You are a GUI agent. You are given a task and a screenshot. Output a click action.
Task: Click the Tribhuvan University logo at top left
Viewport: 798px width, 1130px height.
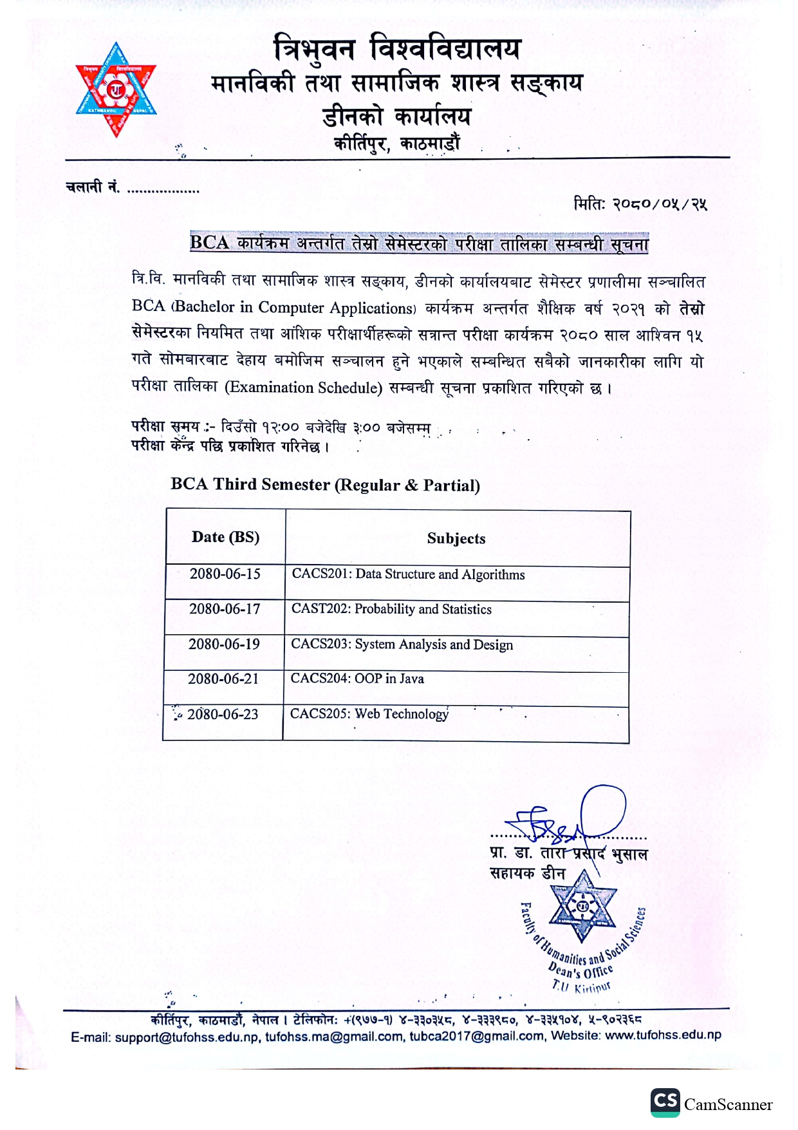116,89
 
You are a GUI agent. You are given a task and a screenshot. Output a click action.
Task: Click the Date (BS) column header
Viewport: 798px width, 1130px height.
225,538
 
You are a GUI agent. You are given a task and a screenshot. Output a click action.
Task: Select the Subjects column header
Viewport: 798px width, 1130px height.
456,539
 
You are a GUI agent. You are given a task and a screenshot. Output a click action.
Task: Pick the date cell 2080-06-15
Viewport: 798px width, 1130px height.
225,574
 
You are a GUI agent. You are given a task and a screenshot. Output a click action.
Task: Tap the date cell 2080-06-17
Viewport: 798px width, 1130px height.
225,609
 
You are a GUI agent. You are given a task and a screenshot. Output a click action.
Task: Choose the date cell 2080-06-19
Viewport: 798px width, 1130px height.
224,645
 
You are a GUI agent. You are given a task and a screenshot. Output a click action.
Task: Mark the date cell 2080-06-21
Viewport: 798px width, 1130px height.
223,679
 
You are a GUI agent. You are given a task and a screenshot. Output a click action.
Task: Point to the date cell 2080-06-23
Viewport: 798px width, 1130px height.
223,714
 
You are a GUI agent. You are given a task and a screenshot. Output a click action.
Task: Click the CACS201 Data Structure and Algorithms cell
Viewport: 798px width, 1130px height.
408,574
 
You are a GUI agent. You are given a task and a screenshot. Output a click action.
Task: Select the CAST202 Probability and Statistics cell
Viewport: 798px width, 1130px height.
391,609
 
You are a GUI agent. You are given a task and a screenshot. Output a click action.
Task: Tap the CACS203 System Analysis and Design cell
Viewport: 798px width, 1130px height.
402,645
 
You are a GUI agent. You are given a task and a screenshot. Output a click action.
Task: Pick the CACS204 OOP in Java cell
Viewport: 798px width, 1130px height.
357,679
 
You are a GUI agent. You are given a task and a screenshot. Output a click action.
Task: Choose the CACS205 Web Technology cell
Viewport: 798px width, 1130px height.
369,714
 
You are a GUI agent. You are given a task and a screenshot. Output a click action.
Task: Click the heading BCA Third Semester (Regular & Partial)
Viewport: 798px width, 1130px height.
325,485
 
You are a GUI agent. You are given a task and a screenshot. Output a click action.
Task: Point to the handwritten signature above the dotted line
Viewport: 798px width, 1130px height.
566,818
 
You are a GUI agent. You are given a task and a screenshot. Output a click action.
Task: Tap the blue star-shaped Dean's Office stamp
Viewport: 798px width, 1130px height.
582,908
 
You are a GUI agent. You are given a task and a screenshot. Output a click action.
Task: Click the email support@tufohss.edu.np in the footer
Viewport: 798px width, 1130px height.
187,1037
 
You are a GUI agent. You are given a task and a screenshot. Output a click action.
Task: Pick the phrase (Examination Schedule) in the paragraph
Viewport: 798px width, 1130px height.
303,388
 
